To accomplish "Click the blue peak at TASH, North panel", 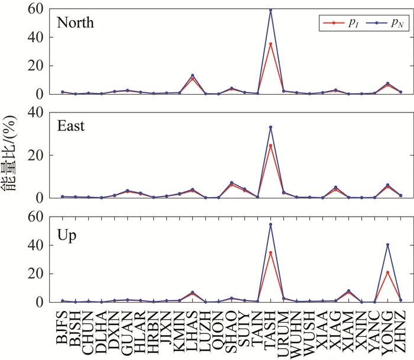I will tap(271, 10).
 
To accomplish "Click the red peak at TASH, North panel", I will tap(271, 44).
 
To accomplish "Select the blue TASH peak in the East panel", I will tap(271, 127).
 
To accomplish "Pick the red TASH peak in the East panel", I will tap(271, 146).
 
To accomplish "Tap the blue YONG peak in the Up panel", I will tap(387, 245).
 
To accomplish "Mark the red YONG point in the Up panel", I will tap(387, 272).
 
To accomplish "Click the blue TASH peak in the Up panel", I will tap(271, 224).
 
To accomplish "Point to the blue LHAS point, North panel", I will tap(193, 76).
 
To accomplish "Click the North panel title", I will tap(76, 23).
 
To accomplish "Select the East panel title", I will tap(71, 126).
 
